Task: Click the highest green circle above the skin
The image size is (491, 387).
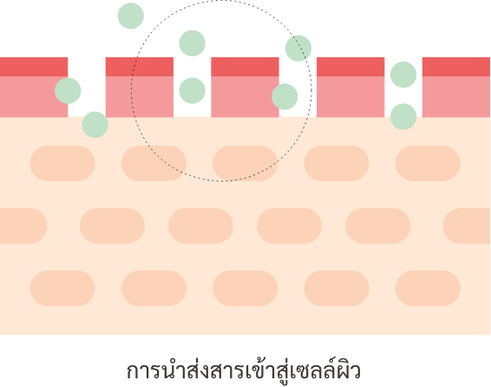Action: [x=131, y=16]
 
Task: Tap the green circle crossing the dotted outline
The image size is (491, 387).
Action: [x=298, y=49]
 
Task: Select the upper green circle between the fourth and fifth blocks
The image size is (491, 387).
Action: [x=403, y=75]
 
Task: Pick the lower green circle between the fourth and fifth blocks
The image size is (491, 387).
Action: [x=403, y=116]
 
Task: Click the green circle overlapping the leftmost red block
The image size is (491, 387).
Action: [x=68, y=90]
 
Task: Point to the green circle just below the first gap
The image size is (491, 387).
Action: [x=95, y=125]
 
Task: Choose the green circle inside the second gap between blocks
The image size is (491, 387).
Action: [x=193, y=91]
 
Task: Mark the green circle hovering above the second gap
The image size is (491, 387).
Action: [x=193, y=43]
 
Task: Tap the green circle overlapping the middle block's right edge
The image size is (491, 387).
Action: [x=285, y=96]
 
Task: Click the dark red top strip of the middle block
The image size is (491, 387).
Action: [x=245, y=67]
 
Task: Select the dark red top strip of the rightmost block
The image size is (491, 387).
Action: [x=456, y=67]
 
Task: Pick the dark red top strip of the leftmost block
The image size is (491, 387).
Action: [x=34, y=67]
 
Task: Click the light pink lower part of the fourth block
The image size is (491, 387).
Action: [x=350, y=97]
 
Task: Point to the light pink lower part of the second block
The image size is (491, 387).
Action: [x=140, y=97]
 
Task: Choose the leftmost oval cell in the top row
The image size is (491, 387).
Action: [x=62, y=163]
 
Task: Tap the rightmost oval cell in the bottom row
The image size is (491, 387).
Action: [x=428, y=288]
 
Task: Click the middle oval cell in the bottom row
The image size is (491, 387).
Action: [x=245, y=288]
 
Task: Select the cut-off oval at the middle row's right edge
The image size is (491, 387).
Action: [x=467, y=226]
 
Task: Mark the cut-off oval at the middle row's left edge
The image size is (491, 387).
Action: [x=23, y=226]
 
